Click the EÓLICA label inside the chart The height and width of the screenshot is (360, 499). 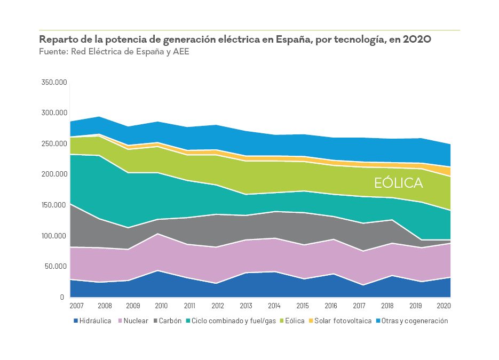398,183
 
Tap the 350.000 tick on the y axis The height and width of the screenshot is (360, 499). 54,83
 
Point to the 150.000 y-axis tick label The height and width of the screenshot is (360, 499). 54,205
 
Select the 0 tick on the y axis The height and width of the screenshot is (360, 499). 62,297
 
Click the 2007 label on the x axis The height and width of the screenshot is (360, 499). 77,306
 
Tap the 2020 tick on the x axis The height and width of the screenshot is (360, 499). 443,306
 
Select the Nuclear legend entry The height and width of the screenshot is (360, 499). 136,321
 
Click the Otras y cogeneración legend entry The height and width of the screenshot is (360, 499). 415,321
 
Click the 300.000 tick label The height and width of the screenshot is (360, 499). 54,113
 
